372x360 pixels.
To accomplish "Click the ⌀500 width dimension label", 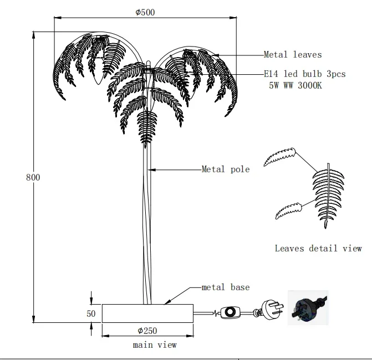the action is [x=145, y=13].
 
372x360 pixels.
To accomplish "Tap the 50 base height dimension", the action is [x=91, y=313].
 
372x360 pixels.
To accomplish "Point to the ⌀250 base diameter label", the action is [x=147, y=331].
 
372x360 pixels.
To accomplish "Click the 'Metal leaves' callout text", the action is [x=292, y=54].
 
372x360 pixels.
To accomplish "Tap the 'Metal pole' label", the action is [x=225, y=169].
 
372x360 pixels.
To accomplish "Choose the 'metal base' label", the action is [x=225, y=287].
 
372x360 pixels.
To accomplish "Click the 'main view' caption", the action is [x=155, y=344].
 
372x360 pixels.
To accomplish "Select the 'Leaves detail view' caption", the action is [x=318, y=248].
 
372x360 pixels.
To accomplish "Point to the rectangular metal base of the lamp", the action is [x=147, y=313].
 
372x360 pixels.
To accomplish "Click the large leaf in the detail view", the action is [x=328, y=194].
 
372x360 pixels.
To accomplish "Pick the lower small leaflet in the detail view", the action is [x=288, y=210].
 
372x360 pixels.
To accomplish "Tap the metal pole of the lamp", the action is [x=148, y=222].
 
